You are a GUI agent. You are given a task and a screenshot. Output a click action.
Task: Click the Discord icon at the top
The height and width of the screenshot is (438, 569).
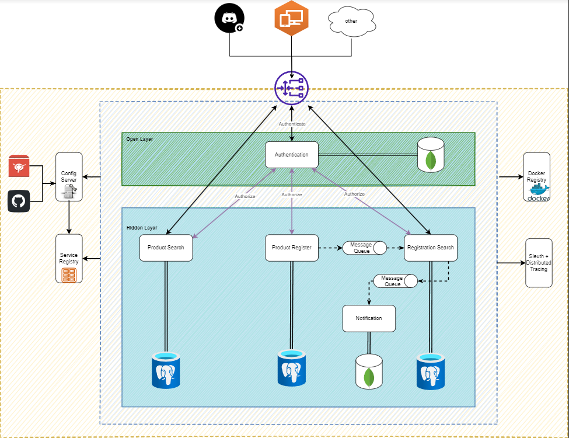tap(229, 19)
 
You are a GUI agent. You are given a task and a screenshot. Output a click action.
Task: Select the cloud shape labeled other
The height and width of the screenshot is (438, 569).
tap(351, 21)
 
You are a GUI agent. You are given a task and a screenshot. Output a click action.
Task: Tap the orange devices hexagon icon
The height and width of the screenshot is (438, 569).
tap(291, 19)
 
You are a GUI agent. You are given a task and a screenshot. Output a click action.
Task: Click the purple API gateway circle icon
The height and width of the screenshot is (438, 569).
tap(291, 88)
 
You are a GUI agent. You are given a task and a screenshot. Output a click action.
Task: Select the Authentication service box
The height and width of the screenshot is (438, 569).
tap(292, 155)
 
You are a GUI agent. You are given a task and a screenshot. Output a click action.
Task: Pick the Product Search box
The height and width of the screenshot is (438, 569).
tap(166, 248)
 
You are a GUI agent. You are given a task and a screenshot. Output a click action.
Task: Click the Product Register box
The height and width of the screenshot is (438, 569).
tap(292, 248)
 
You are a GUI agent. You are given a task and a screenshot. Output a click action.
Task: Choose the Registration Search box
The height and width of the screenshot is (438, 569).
tap(431, 248)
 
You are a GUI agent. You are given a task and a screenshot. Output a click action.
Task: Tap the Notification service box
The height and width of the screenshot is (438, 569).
tap(369, 318)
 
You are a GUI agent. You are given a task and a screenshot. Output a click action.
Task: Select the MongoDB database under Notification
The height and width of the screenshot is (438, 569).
tap(369, 371)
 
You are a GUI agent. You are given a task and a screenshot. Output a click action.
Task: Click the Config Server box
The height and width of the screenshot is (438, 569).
tap(69, 177)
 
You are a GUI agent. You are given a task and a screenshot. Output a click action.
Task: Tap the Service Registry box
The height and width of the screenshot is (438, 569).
tap(69, 259)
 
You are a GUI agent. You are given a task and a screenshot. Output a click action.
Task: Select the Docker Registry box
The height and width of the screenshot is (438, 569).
tap(536, 178)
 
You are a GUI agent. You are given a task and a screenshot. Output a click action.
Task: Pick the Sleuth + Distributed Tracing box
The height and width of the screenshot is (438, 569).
tap(538, 263)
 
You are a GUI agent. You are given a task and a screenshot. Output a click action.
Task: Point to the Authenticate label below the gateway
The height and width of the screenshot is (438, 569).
tap(292, 124)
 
